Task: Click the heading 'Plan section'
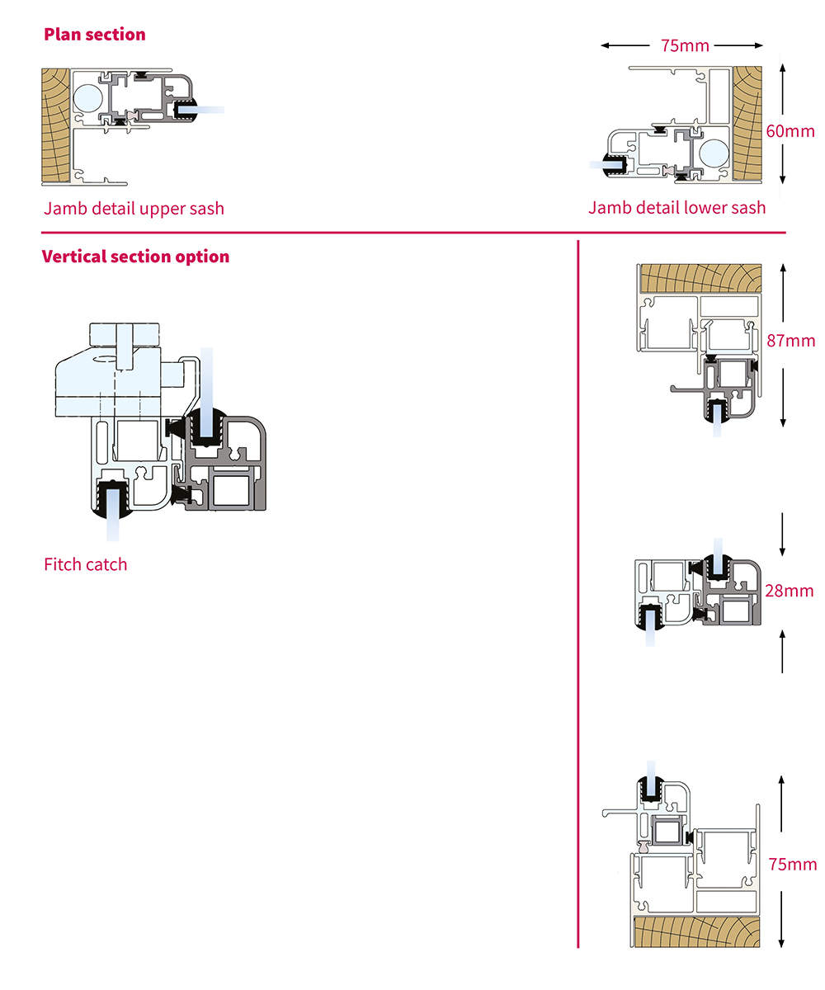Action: [x=94, y=35]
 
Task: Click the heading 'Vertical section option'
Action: [x=135, y=257]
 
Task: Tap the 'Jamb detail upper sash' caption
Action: [x=134, y=208]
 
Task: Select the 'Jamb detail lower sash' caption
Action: [x=676, y=207]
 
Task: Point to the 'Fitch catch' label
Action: [x=86, y=564]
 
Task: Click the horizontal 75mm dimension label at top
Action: [x=685, y=46]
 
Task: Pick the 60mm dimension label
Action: [x=790, y=130]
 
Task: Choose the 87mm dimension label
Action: [x=790, y=340]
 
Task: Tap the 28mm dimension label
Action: [x=790, y=591]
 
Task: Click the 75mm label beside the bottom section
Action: [x=792, y=864]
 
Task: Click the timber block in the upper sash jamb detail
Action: [x=56, y=126]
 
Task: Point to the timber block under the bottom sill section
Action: [x=695, y=931]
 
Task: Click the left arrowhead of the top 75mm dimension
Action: [x=606, y=46]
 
